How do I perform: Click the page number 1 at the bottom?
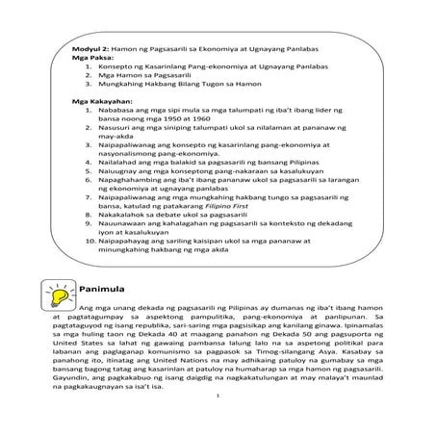tap(218, 421)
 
